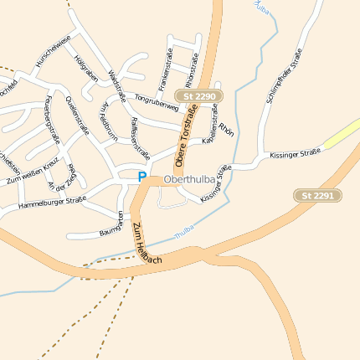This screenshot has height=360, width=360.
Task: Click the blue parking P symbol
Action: click(x=141, y=177)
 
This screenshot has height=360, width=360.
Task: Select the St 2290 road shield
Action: click(x=199, y=97)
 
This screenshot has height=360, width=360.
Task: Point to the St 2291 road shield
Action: click(x=319, y=195)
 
